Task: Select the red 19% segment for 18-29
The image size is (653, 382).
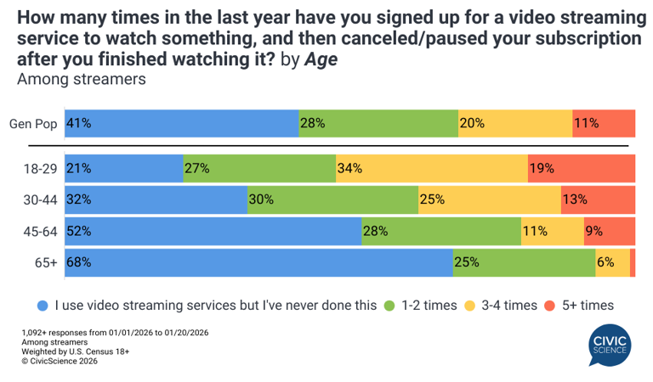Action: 582,168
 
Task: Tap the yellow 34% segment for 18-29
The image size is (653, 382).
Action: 431,168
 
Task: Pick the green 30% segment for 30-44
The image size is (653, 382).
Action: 332,199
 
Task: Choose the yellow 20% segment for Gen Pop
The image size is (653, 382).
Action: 514,123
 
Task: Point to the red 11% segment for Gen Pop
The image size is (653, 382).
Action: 604,123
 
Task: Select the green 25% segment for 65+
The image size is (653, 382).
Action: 523,263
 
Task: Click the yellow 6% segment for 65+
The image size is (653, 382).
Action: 612,263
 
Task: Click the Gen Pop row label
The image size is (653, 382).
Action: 33,124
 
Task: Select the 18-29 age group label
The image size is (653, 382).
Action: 40,169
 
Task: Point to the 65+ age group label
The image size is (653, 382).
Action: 46,264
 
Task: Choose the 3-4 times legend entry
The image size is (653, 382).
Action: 502,305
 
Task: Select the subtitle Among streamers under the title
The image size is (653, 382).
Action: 82,80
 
